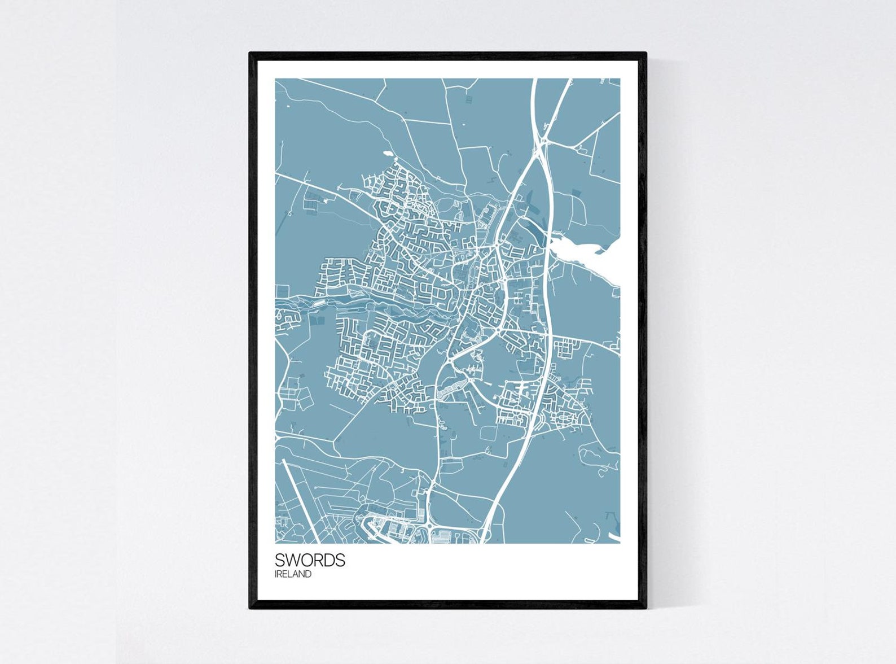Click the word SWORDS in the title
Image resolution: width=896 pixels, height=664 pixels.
(310, 560)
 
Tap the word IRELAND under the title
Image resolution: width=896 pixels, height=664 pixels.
(293, 574)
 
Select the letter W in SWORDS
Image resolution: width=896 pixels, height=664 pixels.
(292, 560)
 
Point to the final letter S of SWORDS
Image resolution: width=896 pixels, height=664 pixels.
(340, 560)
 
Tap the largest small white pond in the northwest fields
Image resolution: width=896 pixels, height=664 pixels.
(388, 152)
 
